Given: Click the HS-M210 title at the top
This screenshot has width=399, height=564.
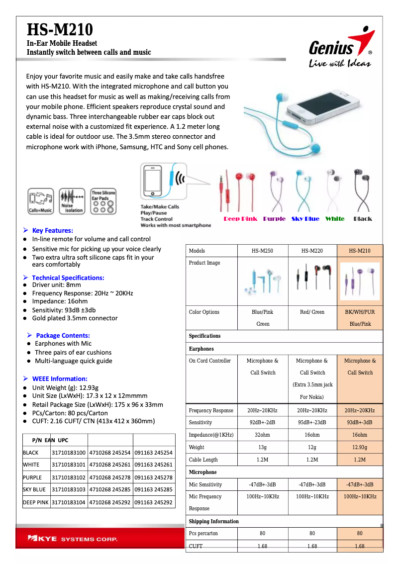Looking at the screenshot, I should pos(59,29).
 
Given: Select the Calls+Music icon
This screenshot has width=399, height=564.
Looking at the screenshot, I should pos(41,201).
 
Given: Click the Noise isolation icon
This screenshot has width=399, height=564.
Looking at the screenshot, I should pos(72,201).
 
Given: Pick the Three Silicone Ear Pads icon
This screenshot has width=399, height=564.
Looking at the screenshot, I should pos(103,201).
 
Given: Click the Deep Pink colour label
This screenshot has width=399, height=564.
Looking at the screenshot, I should pos(240,219).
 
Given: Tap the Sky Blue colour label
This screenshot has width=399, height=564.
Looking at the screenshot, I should pos(305,219).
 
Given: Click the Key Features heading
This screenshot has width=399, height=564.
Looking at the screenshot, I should pos(52,230).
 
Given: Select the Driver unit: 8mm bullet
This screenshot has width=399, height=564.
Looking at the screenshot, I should pos(56,285).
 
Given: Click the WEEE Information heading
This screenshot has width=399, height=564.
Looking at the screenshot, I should pos(59,378).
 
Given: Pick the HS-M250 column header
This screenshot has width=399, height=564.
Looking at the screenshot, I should pos(263,251).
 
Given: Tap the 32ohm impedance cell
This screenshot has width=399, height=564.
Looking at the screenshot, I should pos(263,435).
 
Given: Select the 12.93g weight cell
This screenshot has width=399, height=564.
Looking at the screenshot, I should pos(360,447).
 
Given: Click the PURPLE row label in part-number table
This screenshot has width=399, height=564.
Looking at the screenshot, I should pos(32,477).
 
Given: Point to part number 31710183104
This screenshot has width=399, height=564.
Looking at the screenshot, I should pos(69,502).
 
